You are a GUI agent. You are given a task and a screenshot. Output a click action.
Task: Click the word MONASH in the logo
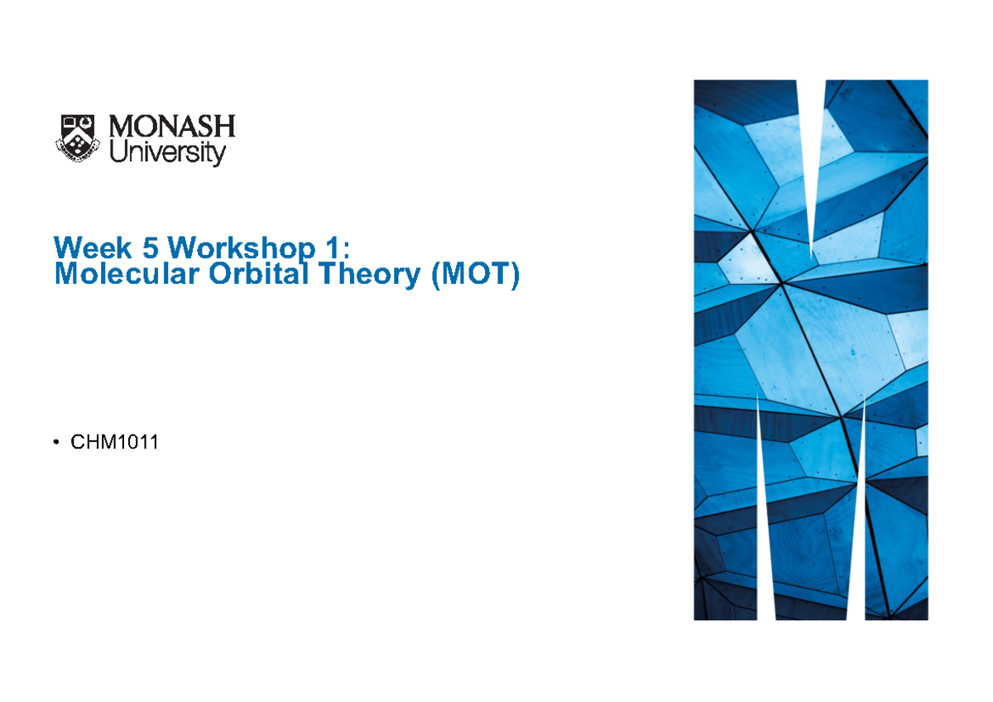(x=172, y=127)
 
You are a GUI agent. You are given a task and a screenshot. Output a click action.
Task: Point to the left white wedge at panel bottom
(x=766, y=530)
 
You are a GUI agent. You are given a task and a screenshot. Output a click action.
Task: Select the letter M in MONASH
(x=125, y=127)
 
